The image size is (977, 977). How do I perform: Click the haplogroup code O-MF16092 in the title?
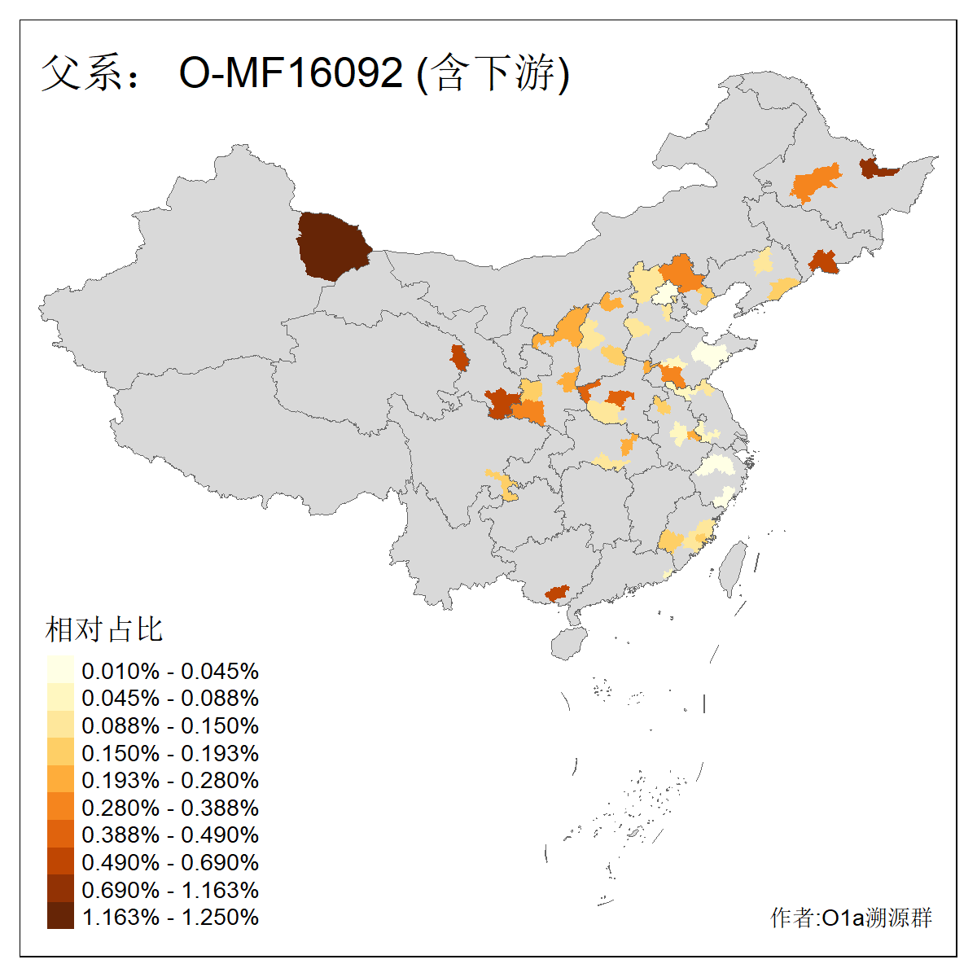[x=291, y=72]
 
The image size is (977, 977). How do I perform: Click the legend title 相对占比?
[x=103, y=629]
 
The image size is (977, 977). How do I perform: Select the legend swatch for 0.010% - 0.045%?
[x=60, y=670]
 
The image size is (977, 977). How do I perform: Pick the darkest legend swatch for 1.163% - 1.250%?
[x=60, y=916]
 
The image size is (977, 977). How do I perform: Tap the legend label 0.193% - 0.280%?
[x=170, y=780]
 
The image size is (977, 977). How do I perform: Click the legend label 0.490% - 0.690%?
[x=170, y=862]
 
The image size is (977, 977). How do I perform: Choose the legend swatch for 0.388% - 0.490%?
[x=60, y=834]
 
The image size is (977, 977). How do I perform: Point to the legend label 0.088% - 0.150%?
[x=170, y=725]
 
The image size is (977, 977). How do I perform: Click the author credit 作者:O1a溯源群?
[x=851, y=918]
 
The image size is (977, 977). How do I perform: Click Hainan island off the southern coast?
[x=569, y=642]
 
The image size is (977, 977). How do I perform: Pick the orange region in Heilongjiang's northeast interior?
[x=816, y=184]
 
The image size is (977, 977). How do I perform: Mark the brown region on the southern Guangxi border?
[x=558, y=593]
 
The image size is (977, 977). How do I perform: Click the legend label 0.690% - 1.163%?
[x=170, y=890]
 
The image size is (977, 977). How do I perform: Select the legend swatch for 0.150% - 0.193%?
[x=60, y=752]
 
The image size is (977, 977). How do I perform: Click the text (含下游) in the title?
[x=493, y=73]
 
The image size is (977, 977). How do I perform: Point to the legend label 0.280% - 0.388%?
[x=170, y=808]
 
